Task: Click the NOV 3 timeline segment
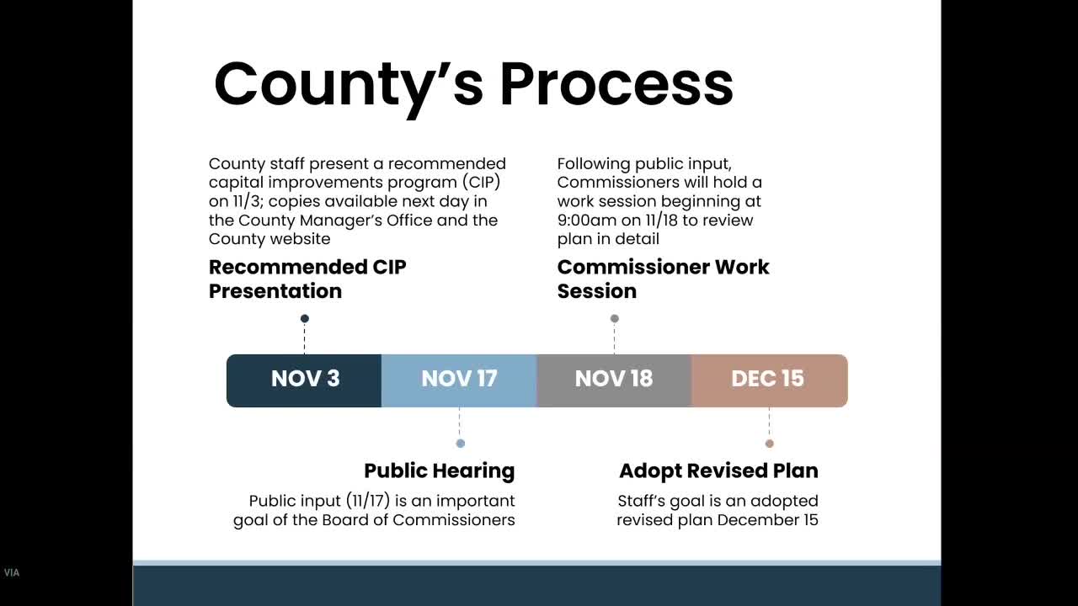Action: [x=304, y=380]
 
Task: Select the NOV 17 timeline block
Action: [x=459, y=380]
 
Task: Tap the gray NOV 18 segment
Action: [x=614, y=380]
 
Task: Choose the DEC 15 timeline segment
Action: [x=768, y=380]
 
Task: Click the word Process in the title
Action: [x=616, y=84]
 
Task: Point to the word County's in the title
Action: [x=349, y=84]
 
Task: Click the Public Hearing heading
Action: [x=439, y=470]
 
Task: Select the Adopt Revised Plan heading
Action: [x=718, y=470]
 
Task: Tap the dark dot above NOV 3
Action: [x=305, y=318]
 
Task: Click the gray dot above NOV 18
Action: [x=615, y=318]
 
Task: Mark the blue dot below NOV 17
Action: [x=460, y=444]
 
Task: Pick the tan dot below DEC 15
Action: [x=769, y=444]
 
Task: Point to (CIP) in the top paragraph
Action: [x=482, y=183]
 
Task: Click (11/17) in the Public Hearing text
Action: [x=368, y=501]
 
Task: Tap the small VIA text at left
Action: [x=11, y=573]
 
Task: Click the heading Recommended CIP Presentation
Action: [x=307, y=279]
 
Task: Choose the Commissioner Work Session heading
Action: [x=663, y=279]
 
